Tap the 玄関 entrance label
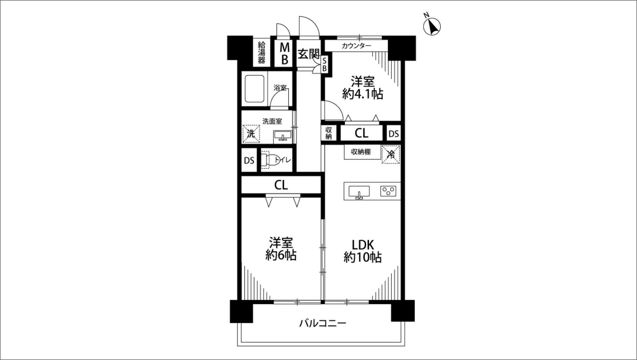tap(308, 54)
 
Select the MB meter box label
tap(285, 53)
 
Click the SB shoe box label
tap(324, 65)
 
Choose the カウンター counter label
tap(356, 46)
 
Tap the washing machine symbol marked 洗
tap(251, 134)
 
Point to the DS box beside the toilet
tap(249, 161)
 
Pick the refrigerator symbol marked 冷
tap(391, 154)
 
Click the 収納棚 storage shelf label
tap(361, 152)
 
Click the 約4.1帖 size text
tap(363, 94)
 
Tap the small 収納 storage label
tap(329, 133)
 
